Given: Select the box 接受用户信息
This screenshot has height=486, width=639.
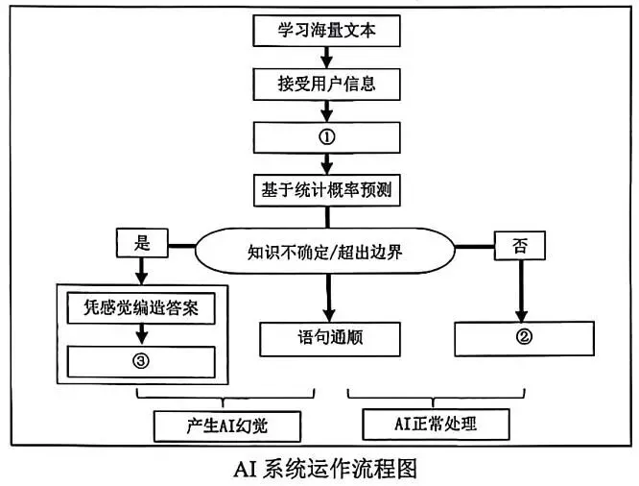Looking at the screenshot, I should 325,84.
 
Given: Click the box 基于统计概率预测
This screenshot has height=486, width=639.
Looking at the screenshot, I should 325,188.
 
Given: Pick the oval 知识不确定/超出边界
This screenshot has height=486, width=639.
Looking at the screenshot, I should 325,254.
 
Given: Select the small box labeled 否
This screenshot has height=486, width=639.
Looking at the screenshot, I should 518,246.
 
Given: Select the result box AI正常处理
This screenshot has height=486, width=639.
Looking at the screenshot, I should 435,423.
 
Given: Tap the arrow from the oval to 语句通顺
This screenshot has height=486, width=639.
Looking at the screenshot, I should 327,298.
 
